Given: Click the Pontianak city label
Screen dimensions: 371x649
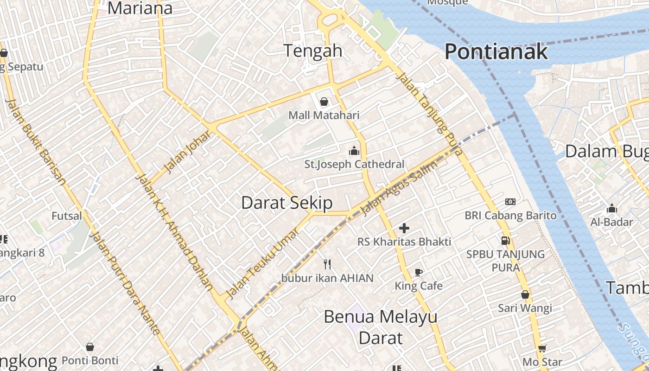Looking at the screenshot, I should [x=496, y=51].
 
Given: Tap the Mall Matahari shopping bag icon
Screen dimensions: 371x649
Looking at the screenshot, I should [x=324, y=102].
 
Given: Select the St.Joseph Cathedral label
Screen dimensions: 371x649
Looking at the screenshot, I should [x=354, y=164].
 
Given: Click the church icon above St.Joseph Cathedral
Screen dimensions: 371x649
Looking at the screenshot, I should [x=354, y=151].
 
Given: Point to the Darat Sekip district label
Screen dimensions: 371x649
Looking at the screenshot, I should [x=287, y=203].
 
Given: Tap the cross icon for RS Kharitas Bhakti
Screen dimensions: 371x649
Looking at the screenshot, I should [x=404, y=228].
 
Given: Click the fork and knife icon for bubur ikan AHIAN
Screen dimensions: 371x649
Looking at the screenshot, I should [x=327, y=264].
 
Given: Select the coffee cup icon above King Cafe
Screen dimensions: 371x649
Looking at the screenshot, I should [x=419, y=272].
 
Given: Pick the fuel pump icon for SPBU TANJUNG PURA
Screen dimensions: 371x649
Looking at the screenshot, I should [x=505, y=240].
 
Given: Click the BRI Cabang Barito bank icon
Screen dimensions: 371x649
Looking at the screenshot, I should [x=510, y=202].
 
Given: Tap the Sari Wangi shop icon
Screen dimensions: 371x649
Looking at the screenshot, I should [x=525, y=294].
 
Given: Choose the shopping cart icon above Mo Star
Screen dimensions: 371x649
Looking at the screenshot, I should [x=542, y=348].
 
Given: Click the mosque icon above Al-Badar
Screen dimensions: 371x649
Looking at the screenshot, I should [x=612, y=208].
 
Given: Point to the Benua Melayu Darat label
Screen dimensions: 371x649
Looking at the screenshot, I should [x=381, y=327].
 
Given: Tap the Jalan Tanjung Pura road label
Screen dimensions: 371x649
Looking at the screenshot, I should [x=430, y=114].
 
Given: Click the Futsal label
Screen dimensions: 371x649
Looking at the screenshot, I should [x=66, y=216].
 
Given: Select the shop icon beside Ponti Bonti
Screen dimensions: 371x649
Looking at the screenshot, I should [x=90, y=347].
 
